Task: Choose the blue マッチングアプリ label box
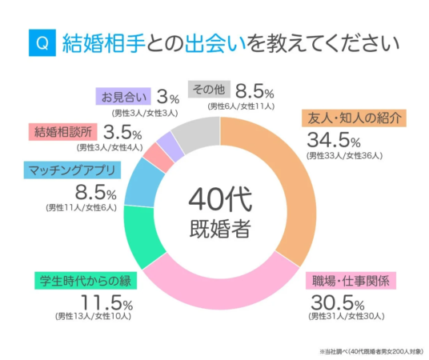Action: tap(72, 170)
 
